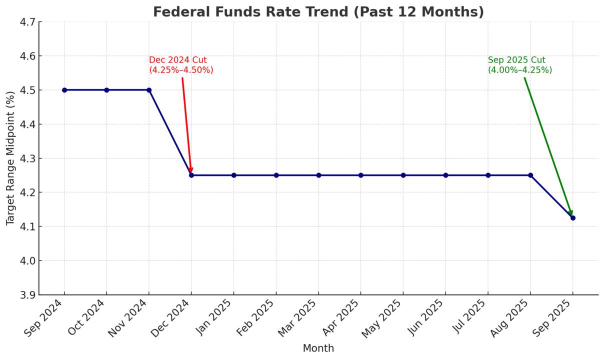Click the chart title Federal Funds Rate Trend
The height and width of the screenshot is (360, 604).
[x=318, y=11]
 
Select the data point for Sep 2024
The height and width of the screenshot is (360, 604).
[x=64, y=90]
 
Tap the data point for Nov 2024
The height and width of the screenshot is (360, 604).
[x=149, y=90]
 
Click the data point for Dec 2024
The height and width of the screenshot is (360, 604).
[x=191, y=175]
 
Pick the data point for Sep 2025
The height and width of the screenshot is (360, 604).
[x=572, y=217]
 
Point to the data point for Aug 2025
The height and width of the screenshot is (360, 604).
[x=530, y=175]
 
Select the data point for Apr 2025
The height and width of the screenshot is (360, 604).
[x=360, y=175]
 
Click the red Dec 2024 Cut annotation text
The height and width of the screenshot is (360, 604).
[x=181, y=65]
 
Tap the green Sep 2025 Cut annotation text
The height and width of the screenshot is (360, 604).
[x=520, y=65]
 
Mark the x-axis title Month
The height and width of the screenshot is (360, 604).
[x=318, y=348]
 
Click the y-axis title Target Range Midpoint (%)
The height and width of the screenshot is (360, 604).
[x=10, y=158]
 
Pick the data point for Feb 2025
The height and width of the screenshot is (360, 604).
[x=276, y=175]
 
